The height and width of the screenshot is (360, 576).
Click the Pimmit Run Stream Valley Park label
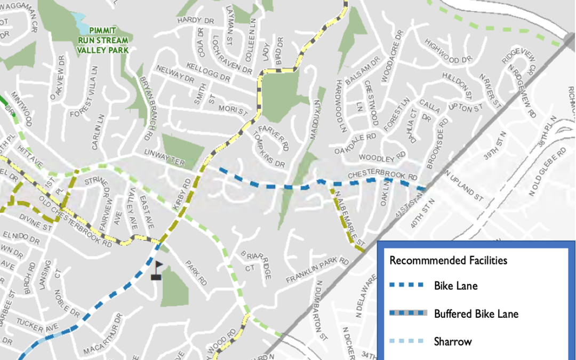click(x=103, y=39)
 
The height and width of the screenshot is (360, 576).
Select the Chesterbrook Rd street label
click(x=382, y=175)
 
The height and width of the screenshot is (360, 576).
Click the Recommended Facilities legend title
click(x=448, y=261)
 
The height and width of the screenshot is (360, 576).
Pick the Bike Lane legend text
click(x=455, y=286)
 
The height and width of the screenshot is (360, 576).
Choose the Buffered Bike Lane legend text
click(x=476, y=314)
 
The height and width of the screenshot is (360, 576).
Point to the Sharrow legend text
click(x=453, y=341)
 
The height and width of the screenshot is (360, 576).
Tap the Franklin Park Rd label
click(x=317, y=270)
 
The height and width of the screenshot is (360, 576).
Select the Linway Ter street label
click(x=164, y=158)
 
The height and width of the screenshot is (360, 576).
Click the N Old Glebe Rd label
click(x=546, y=172)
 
